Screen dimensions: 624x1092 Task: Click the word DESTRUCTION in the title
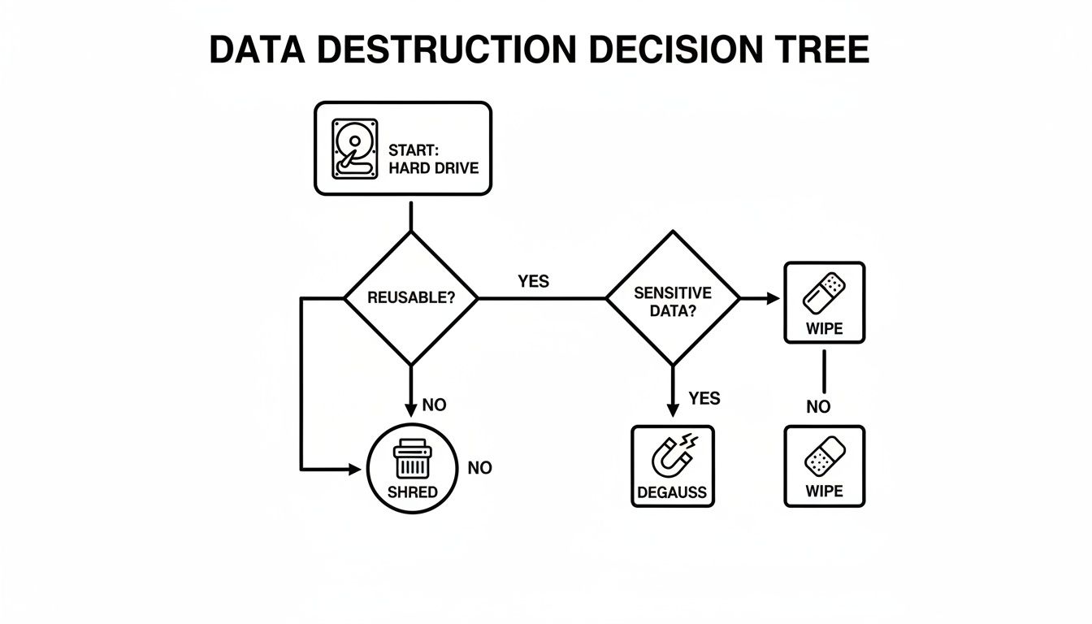pos(448,50)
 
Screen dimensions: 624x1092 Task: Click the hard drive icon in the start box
pos(355,149)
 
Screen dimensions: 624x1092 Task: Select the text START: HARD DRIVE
pos(433,159)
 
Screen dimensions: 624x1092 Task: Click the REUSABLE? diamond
pos(411,298)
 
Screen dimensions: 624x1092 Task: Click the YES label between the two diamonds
pos(533,282)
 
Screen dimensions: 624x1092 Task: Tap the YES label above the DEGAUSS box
pos(704,398)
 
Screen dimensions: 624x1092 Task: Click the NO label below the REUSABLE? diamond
pos(435,405)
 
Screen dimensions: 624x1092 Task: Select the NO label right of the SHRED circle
pos(479,468)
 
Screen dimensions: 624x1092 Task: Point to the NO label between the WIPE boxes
pos(818,407)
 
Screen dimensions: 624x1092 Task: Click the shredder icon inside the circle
pos(411,459)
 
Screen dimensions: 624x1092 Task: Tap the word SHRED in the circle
pos(412,492)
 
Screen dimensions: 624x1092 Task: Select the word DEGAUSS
pos(673,492)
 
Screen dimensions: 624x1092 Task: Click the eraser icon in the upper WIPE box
pos(824,293)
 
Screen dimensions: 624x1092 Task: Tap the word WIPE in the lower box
pos(824,491)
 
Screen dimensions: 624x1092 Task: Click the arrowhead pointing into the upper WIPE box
pos(772,299)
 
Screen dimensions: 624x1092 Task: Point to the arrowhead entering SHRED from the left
pos(353,469)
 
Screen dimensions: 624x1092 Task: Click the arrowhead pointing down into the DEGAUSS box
pos(673,411)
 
